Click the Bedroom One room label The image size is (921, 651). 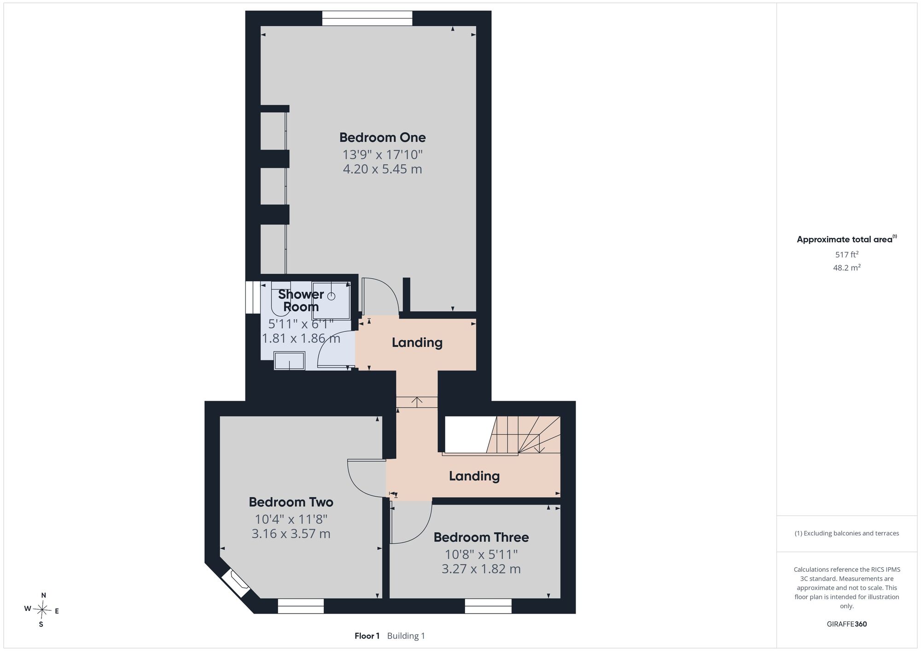point(382,137)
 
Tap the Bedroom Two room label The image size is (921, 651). point(291,502)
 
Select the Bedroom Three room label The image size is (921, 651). point(481,537)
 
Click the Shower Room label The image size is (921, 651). point(301,300)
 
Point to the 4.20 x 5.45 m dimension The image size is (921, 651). point(382,169)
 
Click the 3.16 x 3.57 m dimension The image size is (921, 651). point(291,534)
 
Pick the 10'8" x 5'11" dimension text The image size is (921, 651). point(481,554)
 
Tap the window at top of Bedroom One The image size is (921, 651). point(367,18)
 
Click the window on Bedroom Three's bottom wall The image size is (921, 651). point(488,606)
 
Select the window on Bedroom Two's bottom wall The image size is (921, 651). point(301,606)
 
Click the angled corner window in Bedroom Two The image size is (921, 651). point(236,584)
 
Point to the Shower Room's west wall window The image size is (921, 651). point(253,297)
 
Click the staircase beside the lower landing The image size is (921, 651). point(524,435)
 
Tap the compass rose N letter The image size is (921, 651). point(44,595)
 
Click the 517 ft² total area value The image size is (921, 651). point(847,254)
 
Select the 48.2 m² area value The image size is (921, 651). point(847,267)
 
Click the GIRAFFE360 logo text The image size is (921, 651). point(847,624)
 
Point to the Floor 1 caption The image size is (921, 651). point(367,636)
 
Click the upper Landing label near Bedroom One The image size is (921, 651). point(417,343)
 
